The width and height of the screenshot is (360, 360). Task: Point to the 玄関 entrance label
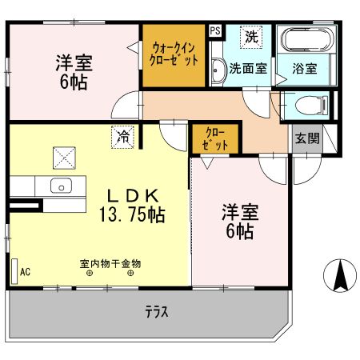tap(306, 138)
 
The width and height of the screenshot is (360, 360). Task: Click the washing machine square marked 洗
tap(252, 36)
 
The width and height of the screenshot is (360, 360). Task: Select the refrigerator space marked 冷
tap(122, 137)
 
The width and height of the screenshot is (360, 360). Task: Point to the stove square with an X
tap(63, 157)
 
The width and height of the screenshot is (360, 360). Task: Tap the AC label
tap(25, 272)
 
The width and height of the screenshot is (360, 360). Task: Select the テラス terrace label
tap(156, 312)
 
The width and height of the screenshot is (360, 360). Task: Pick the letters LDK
tap(131, 194)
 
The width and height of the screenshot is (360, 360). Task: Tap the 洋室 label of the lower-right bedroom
tap(238, 213)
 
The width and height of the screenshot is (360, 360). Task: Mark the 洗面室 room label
tap(248, 70)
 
